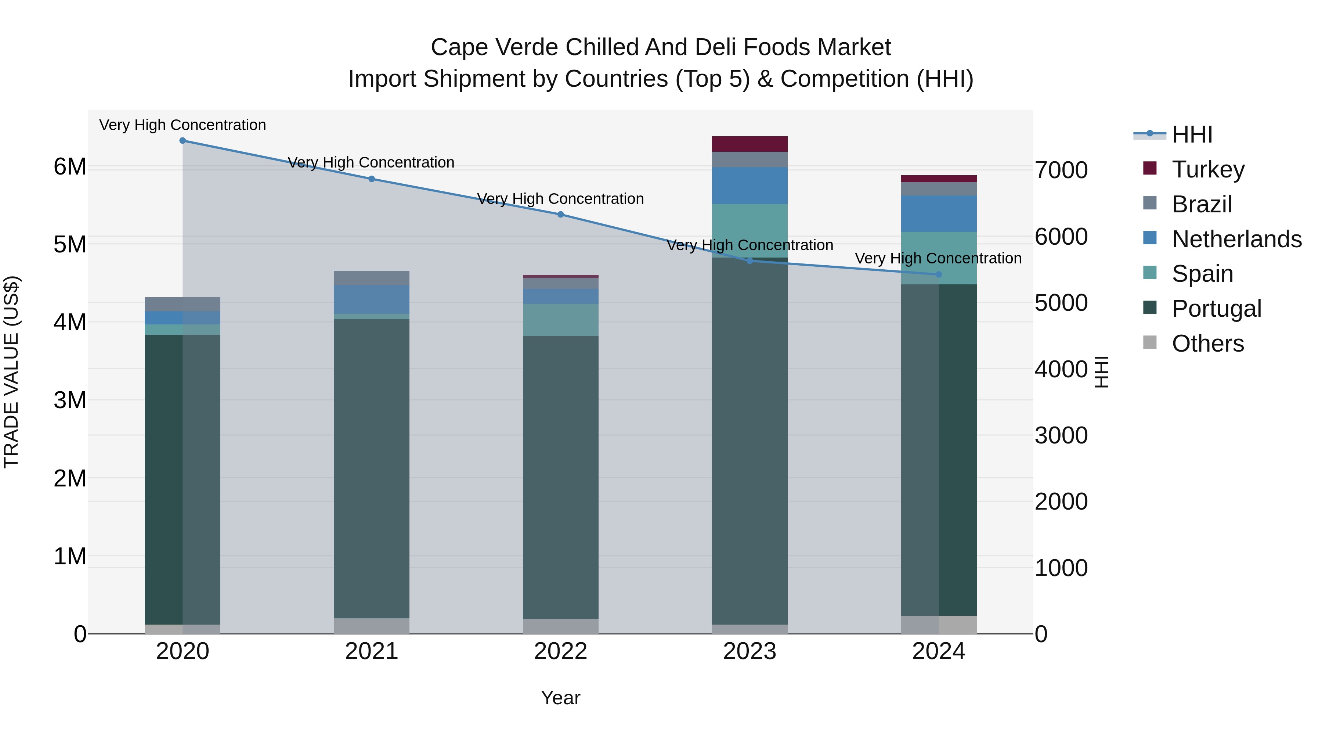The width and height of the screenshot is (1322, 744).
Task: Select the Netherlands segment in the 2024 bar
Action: coord(939,213)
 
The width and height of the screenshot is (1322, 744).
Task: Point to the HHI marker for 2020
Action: coord(183,141)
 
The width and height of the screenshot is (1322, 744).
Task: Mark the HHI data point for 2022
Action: coord(560,215)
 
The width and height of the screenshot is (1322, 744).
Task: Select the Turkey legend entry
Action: coord(1208,169)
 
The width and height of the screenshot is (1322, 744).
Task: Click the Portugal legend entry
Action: coord(1216,309)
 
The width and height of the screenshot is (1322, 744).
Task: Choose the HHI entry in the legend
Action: coord(1192,134)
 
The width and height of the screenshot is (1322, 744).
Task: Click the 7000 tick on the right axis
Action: coord(1061,170)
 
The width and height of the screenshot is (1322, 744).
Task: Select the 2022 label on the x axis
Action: coord(560,651)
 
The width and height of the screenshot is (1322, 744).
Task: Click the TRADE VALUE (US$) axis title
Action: coord(11,372)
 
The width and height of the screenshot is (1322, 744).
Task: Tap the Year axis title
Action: coord(560,698)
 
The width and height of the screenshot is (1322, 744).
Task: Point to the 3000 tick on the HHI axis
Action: coord(1061,435)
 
